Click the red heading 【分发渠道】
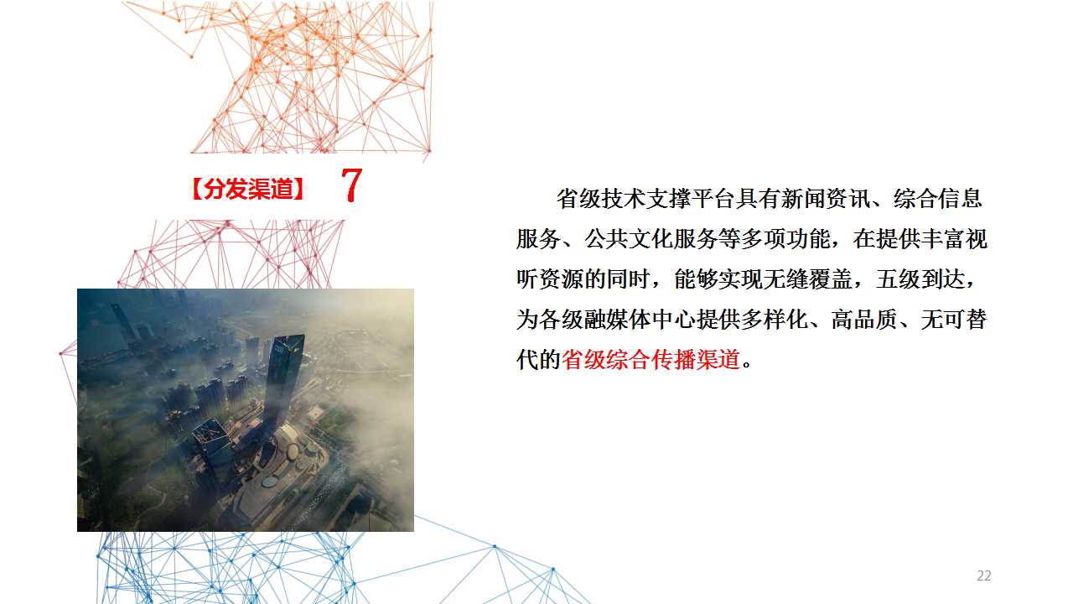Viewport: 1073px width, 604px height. tap(247, 189)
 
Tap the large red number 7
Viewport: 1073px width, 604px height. tap(351, 185)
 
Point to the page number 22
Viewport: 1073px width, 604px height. tap(984, 575)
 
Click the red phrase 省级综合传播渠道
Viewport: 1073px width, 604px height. tap(651, 360)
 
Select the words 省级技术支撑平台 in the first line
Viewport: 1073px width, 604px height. tap(645, 199)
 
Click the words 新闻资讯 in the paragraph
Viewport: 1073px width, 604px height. tap(825, 199)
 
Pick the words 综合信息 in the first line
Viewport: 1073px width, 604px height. tap(937, 199)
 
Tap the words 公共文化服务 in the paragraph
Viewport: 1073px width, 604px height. tap(651, 239)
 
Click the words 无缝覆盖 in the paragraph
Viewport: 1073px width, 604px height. tap(807, 279)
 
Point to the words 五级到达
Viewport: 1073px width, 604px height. tap(920, 279)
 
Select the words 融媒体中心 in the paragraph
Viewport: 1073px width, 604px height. tap(640, 320)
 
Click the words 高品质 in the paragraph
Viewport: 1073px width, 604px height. tap(863, 320)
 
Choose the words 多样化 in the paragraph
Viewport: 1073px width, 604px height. tap(774, 320)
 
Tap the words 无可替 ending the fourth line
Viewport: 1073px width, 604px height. tap(953, 320)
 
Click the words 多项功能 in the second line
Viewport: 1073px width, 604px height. tap(785, 239)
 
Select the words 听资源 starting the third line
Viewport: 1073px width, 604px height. tap(549, 279)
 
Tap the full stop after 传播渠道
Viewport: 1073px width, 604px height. tap(746, 364)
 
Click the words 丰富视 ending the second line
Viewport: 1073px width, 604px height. tap(953, 239)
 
